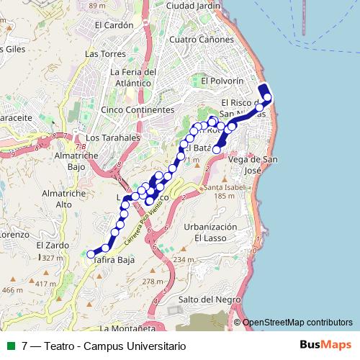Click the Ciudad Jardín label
[192, 6]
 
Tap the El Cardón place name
[114, 24]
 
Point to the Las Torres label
[102, 54]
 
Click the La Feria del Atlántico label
[133, 77]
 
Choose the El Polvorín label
[223, 81]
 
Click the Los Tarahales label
[112, 137]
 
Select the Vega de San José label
[253, 163]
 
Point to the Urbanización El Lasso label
[205, 232]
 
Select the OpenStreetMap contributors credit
[297, 323]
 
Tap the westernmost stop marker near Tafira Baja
[91, 253]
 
